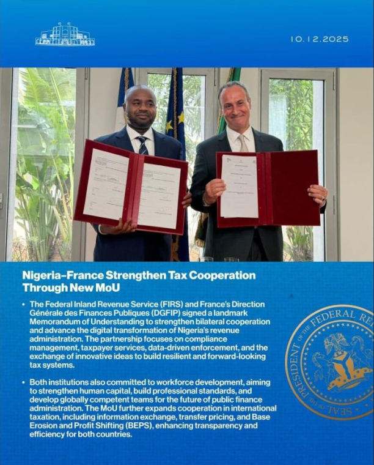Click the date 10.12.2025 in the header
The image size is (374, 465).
point(320,39)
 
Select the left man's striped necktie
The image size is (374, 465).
point(142,146)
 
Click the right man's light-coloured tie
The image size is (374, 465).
point(243,143)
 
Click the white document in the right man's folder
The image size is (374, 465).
point(239,186)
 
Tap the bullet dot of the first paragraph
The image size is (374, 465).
point(24,304)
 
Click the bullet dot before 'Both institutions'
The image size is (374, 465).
point(24,382)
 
